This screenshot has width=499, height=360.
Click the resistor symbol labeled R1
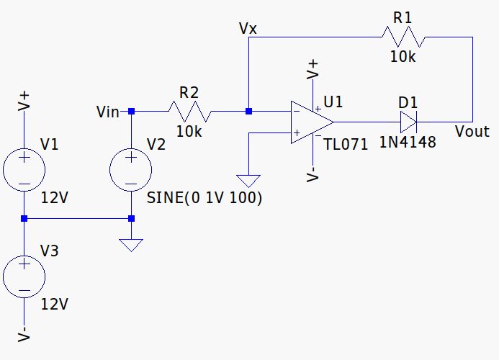tap(404, 37)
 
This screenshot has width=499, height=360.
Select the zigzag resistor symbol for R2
tap(189, 112)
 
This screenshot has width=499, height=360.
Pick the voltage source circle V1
tap(24, 171)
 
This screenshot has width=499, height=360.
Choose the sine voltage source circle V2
tap(130, 171)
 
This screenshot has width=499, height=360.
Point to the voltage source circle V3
tap(24, 277)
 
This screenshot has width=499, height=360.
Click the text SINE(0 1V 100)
tap(204, 198)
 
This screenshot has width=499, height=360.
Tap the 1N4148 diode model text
tap(408, 142)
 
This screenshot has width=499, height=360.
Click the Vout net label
tap(472, 132)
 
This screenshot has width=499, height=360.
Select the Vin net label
tap(108, 112)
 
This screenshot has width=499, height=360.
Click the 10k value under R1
tap(403, 57)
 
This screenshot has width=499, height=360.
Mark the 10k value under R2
tap(189, 132)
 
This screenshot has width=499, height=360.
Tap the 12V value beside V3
tap(54, 304)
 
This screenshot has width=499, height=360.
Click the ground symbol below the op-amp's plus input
tap(248, 180)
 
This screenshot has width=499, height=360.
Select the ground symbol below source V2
tap(130, 245)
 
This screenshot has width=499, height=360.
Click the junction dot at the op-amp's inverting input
tap(248, 112)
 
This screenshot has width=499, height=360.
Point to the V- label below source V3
tap(24, 335)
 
